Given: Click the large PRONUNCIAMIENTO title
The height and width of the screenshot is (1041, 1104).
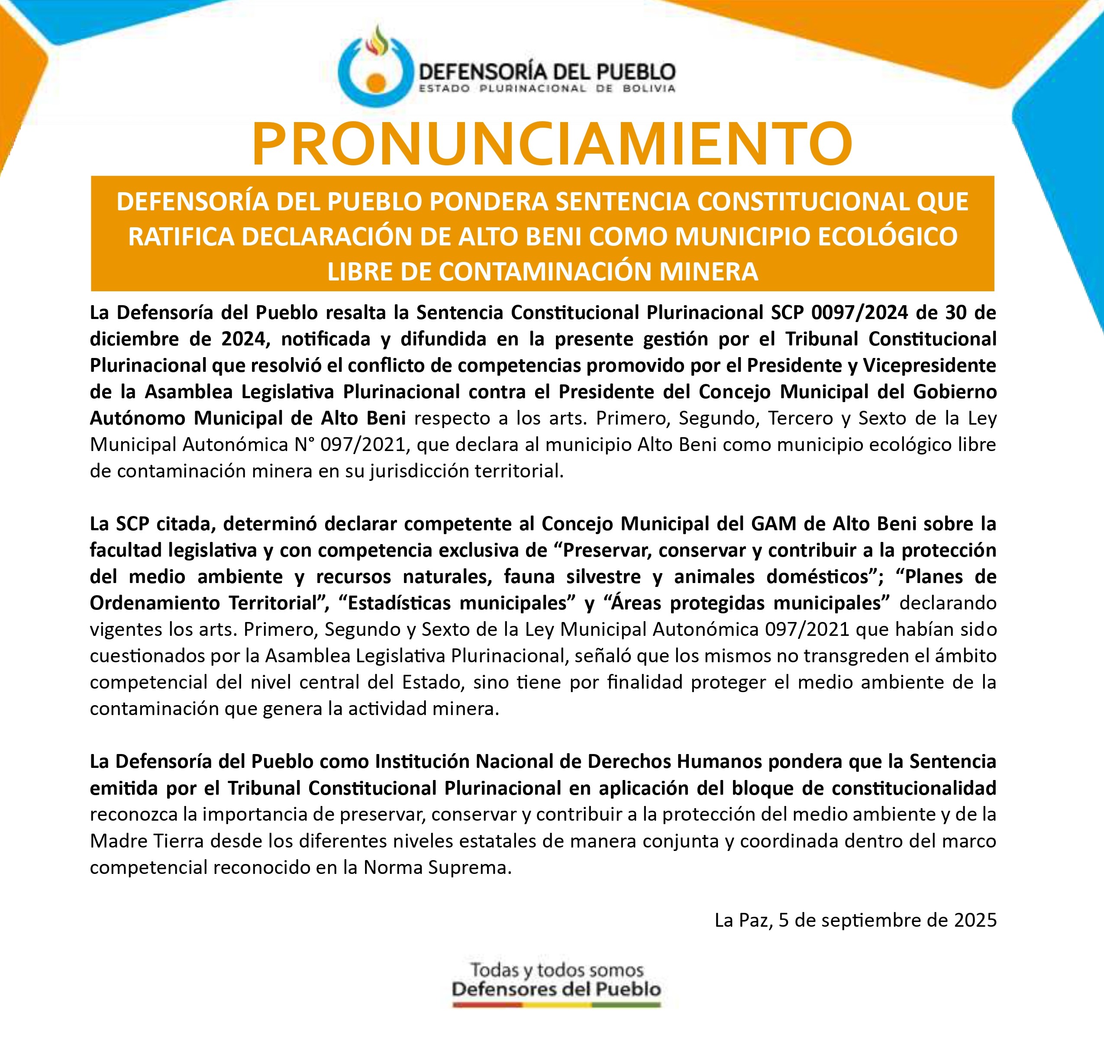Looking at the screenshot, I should pyautogui.click(x=552, y=143).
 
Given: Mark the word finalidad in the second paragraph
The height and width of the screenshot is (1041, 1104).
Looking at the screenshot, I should pyautogui.click(x=644, y=682).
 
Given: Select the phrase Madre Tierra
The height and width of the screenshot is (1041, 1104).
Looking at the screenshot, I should pyautogui.click(x=147, y=841).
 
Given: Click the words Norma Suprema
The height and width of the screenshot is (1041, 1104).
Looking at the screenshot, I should pyautogui.click(x=436, y=867).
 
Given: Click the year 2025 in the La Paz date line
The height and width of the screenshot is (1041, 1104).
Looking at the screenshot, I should pyautogui.click(x=975, y=920).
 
